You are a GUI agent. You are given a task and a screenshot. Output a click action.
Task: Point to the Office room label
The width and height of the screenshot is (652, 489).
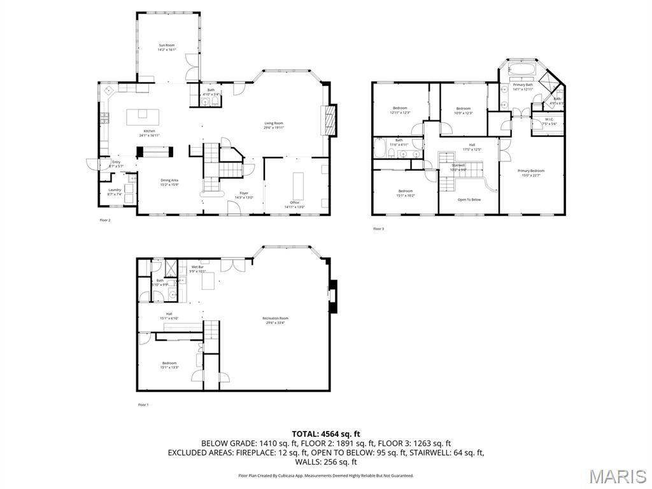point(294,204)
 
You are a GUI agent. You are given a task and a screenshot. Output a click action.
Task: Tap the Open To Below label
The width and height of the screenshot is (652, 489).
point(469,199)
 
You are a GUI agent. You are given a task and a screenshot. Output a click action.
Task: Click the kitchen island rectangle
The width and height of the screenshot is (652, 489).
point(142,116)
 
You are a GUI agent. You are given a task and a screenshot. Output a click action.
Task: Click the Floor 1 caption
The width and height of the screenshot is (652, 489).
point(143,405)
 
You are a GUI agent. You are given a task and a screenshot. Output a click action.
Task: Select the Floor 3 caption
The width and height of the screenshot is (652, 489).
point(378,229)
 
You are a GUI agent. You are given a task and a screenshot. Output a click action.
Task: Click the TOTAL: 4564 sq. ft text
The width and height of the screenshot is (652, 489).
point(325,434)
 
